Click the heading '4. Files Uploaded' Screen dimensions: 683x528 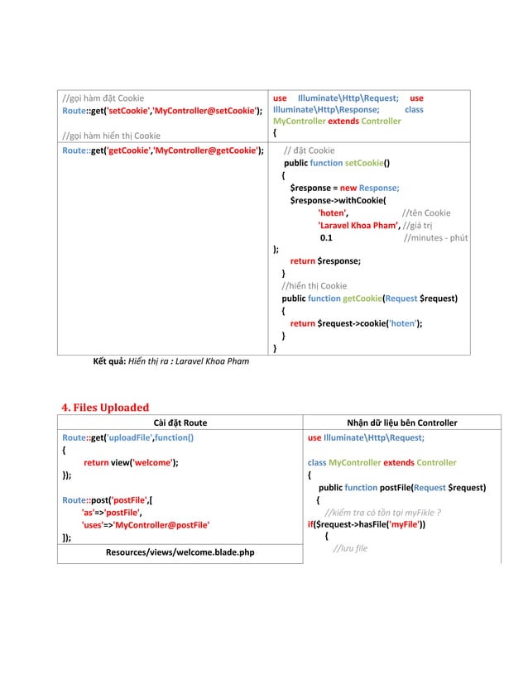coord(106,407)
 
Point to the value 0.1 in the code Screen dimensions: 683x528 coord(326,237)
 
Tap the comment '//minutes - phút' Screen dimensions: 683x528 coord(434,237)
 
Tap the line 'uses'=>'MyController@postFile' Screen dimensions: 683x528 coord(144,524)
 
